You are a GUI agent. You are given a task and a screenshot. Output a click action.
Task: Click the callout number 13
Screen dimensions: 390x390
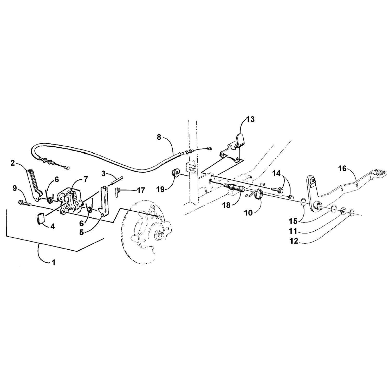pyautogui.click(x=250, y=120)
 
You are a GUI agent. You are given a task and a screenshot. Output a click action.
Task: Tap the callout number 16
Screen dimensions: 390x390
pyautogui.click(x=342, y=169)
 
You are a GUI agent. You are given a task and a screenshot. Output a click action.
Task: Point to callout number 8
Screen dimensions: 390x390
pyautogui.click(x=159, y=137)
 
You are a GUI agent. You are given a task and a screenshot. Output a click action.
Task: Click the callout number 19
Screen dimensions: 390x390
pyautogui.click(x=161, y=190)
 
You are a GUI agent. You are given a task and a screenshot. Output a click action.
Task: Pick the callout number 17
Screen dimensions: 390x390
pyautogui.click(x=141, y=191)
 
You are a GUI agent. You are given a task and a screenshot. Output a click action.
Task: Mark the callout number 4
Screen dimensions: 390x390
pyautogui.click(x=53, y=226)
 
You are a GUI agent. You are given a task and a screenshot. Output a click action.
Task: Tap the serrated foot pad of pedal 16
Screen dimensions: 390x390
pyautogui.click(x=380, y=173)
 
